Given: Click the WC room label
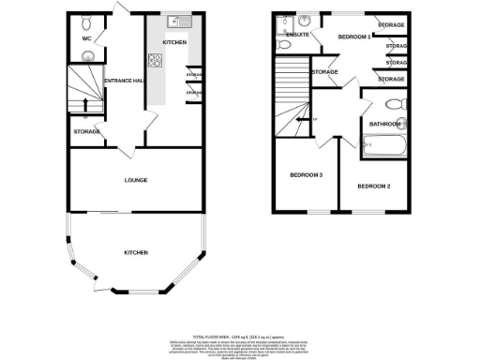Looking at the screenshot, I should point(84,39).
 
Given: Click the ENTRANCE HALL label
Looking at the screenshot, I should point(123,80).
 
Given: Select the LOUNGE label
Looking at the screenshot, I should point(136,180).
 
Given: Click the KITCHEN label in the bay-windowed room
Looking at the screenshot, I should point(137,253).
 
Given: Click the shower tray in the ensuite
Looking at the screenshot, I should point(305,20).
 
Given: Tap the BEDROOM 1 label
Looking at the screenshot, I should point(353,37).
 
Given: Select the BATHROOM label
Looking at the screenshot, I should point(384,124).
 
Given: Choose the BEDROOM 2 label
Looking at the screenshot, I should point(373,187).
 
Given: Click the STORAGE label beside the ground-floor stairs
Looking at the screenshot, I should point(86,131).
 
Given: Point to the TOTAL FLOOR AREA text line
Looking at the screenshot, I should point(238,335).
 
